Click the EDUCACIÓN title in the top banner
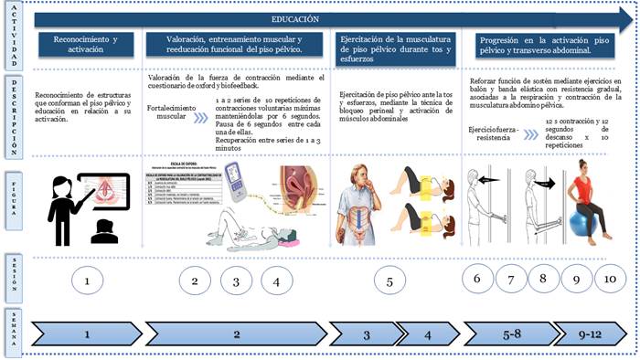coord(295,18)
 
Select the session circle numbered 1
coord(87,281)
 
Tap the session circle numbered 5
coord(389,282)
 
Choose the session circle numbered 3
coord(235,282)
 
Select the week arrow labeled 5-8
coord(512,335)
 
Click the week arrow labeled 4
coord(426,335)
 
